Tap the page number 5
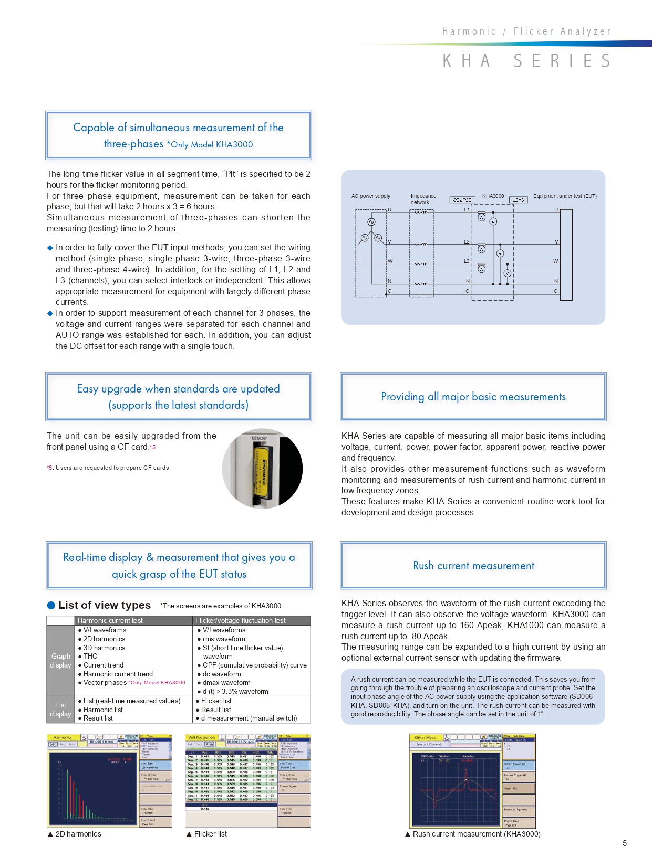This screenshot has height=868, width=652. point(625,843)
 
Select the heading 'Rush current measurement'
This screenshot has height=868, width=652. point(473,566)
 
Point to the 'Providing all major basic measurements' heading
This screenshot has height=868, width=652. point(473,397)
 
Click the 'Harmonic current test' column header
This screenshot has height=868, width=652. point(110,620)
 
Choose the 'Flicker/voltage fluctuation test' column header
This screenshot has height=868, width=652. point(241,620)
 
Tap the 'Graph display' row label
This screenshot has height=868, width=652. point(60,661)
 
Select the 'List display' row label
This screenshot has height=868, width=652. point(60,710)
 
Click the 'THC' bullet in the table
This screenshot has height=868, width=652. point(90,656)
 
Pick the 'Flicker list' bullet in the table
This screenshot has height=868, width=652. point(216,701)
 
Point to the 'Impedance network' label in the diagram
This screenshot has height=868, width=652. point(423,199)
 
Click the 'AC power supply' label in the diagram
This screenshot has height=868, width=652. point(371,196)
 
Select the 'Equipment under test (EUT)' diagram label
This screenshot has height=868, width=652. point(565,196)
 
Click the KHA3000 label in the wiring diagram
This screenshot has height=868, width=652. point(493,196)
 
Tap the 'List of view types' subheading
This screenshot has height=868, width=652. point(105,605)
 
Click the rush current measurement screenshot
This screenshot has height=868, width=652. point(472,780)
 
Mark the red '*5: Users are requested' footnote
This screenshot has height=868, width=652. point(109,468)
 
